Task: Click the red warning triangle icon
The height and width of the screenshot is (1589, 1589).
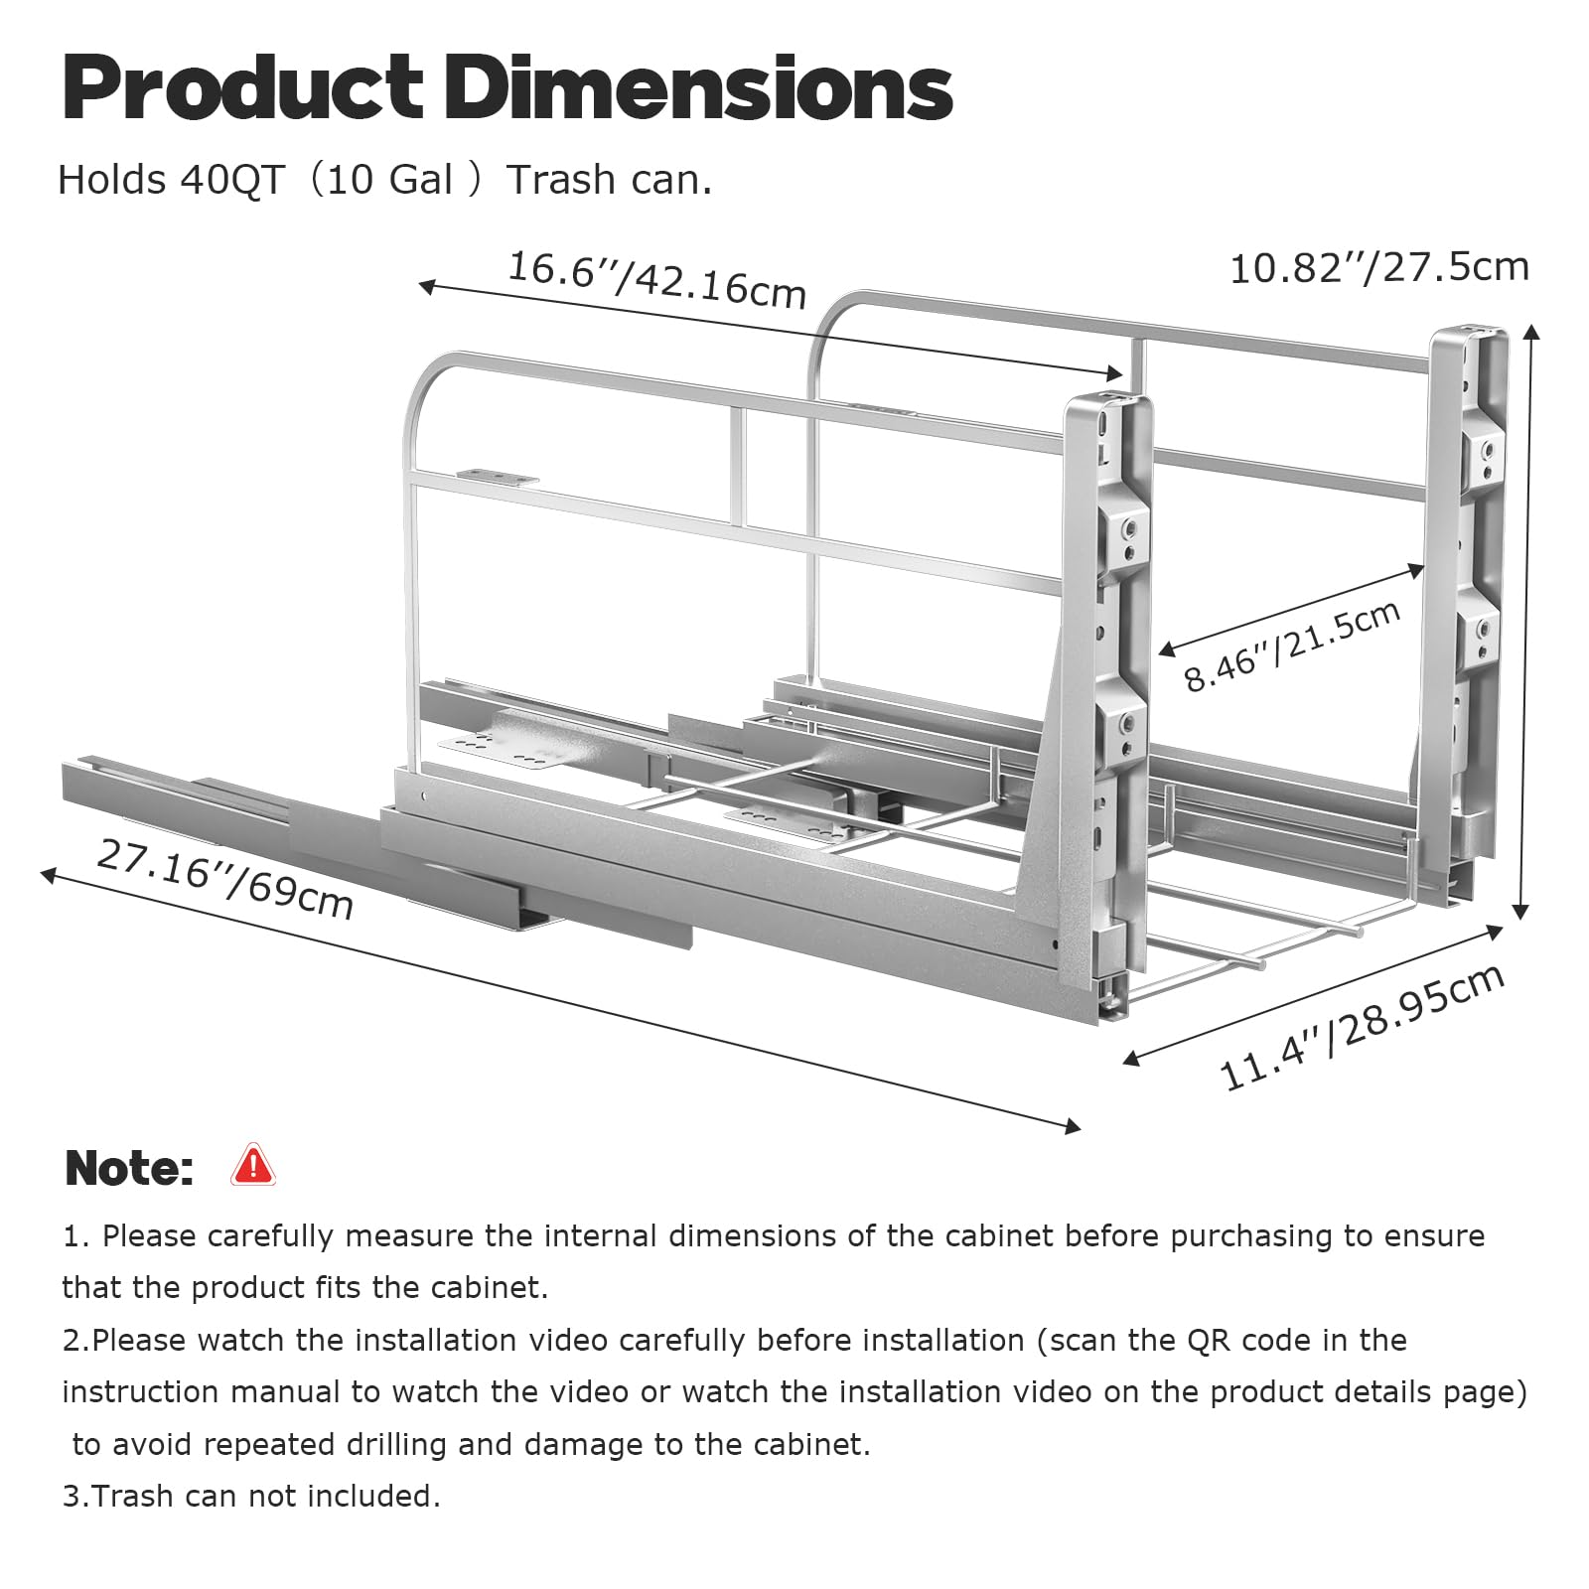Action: pyautogui.click(x=252, y=1165)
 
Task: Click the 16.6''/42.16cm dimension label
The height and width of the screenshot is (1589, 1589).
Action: pyautogui.click(x=656, y=279)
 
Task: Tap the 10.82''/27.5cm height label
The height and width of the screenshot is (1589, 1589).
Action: pyautogui.click(x=1379, y=268)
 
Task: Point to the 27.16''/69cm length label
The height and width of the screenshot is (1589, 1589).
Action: pyautogui.click(x=225, y=879)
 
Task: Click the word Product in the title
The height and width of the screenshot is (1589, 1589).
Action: pyautogui.click(x=243, y=88)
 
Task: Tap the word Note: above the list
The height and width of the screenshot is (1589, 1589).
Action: pyautogui.click(x=129, y=1168)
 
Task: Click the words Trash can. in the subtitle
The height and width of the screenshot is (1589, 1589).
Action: pyautogui.click(x=610, y=180)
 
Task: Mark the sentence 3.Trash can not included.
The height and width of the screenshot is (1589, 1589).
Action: pyautogui.click(x=251, y=1496)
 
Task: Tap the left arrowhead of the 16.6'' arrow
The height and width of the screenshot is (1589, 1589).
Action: pyautogui.click(x=428, y=287)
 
